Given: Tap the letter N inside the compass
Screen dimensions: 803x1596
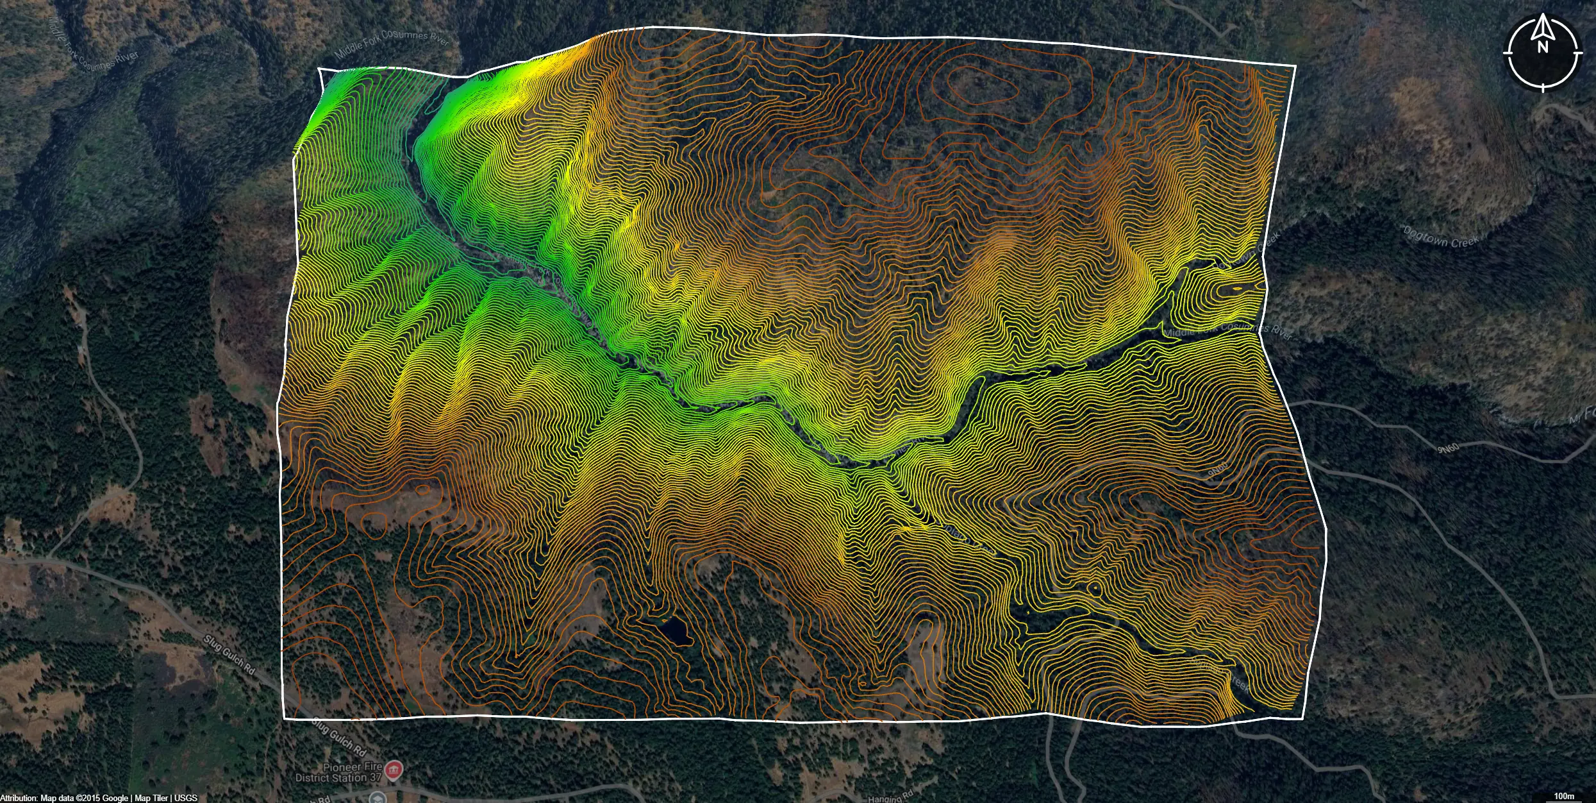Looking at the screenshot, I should (1543, 47).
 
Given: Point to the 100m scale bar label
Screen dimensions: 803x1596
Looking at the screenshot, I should (1564, 796).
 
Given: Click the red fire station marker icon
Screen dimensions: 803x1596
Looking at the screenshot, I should (394, 768).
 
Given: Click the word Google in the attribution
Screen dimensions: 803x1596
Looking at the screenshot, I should (115, 798).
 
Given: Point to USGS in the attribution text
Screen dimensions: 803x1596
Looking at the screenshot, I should (186, 798).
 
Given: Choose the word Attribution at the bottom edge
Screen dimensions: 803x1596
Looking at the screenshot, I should (19, 798).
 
